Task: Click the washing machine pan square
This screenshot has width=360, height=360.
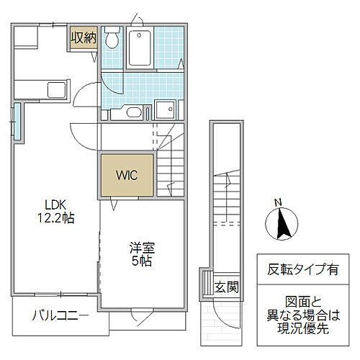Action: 166,109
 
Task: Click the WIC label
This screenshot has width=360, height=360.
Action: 127,174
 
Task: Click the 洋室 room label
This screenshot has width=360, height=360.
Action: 142,248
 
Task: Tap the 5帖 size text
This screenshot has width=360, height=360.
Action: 142,261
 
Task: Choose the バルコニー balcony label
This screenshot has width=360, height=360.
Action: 61,315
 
